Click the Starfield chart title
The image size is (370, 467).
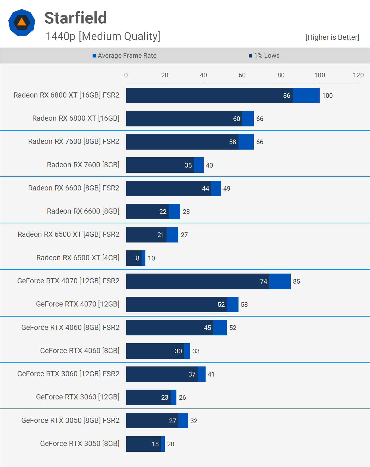click(x=75, y=18)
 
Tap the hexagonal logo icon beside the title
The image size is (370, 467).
click(x=22, y=22)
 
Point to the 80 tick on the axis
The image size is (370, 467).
click(x=281, y=75)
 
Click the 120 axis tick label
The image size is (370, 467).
click(x=358, y=75)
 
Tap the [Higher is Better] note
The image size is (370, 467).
click(x=332, y=37)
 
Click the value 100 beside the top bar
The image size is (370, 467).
click(x=327, y=96)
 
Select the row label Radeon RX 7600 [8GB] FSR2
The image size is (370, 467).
click(x=74, y=141)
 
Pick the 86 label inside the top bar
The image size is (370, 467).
click(x=286, y=96)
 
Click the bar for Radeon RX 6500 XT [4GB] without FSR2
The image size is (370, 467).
click(x=136, y=258)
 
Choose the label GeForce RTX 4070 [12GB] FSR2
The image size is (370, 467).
click(x=68, y=281)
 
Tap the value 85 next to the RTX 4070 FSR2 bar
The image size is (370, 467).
click(x=296, y=281)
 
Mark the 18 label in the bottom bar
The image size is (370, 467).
click(x=155, y=444)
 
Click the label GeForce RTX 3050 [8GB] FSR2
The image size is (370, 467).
click(x=70, y=420)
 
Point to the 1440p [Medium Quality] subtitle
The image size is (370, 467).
click(x=103, y=36)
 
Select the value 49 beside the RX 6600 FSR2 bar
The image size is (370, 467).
click(x=227, y=189)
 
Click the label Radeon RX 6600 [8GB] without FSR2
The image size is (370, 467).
click(x=83, y=211)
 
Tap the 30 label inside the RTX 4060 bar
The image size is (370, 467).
click(x=178, y=351)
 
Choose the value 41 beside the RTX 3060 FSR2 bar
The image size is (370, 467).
click(x=211, y=374)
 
